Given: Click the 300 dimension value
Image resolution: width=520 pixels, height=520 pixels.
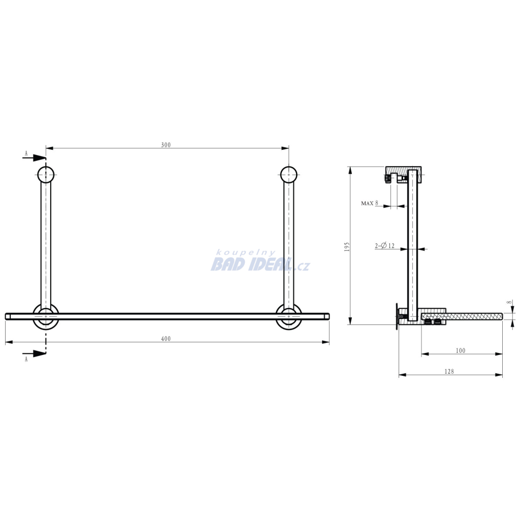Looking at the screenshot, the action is pyautogui.click(x=166, y=145).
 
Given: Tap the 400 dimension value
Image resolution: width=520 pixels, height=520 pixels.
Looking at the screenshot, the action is pyautogui.click(x=166, y=339).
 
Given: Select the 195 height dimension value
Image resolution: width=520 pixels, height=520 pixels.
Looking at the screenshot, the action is pyautogui.click(x=347, y=246).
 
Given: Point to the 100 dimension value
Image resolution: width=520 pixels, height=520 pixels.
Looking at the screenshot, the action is pyautogui.click(x=461, y=350).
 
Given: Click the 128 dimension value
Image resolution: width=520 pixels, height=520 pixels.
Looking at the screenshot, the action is pyautogui.click(x=449, y=371).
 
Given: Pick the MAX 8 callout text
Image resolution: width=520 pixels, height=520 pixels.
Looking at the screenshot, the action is pyautogui.click(x=370, y=203).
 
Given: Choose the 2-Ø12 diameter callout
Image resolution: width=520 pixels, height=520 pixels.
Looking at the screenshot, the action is pyautogui.click(x=385, y=246).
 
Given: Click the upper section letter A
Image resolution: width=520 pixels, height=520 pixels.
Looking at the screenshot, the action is pyautogui.click(x=26, y=153).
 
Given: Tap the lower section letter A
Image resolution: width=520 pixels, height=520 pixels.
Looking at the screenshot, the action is pyautogui.click(x=26, y=359).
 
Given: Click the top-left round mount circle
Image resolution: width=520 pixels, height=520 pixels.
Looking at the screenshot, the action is pyautogui.click(x=46, y=175).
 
